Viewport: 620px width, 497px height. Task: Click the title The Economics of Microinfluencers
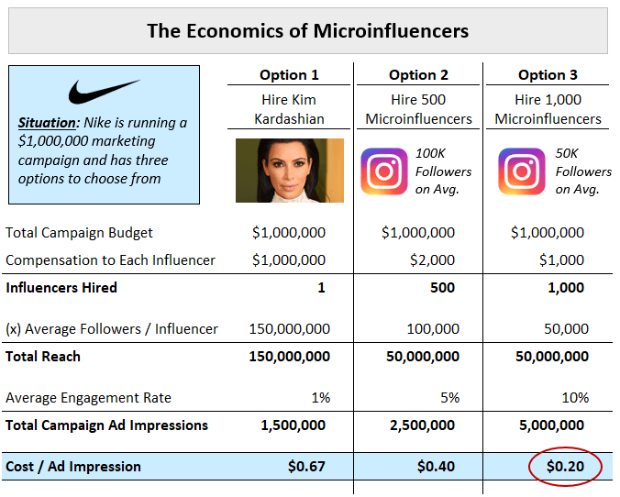click(307, 30)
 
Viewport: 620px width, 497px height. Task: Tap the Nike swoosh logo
click(104, 93)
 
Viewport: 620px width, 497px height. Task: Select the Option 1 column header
click(289, 75)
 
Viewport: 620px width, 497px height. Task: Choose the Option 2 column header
click(418, 75)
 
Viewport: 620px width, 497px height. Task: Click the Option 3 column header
click(548, 75)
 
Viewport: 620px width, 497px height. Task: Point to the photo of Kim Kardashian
click(289, 170)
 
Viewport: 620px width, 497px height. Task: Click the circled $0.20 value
click(565, 467)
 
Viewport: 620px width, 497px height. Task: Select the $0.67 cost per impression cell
click(306, 467)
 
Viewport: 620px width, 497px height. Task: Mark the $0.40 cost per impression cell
click(436, 467)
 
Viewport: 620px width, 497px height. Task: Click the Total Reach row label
click(43, 357)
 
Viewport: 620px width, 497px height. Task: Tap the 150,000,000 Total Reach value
click(289, 357)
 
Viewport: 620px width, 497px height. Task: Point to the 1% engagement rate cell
click(320, 398)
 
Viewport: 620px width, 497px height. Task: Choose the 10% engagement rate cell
click(575, 398)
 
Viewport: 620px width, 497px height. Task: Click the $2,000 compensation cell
click(432, 260)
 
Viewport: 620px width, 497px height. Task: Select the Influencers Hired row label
click(61, 288)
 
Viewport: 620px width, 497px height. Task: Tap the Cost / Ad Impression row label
click(73, 467)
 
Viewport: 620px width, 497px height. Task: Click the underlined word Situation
click(47, 123)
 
